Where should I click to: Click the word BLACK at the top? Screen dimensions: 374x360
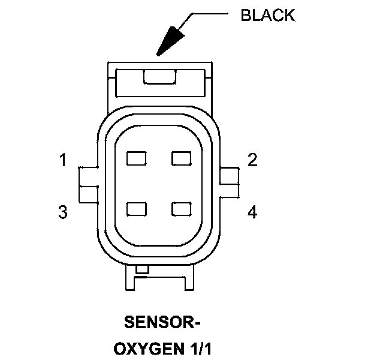tap(268, 15)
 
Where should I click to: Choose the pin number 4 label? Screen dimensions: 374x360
tap(252, 212)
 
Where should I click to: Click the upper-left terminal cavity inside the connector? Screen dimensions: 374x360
tap(137, 158)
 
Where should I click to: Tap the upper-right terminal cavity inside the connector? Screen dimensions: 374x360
tap(181, 158)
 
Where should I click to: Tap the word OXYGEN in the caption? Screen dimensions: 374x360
tap(142, 347)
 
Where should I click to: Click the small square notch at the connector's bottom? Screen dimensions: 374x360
tap(142, 270)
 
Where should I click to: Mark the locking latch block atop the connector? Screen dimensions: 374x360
tap(158, 83)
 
